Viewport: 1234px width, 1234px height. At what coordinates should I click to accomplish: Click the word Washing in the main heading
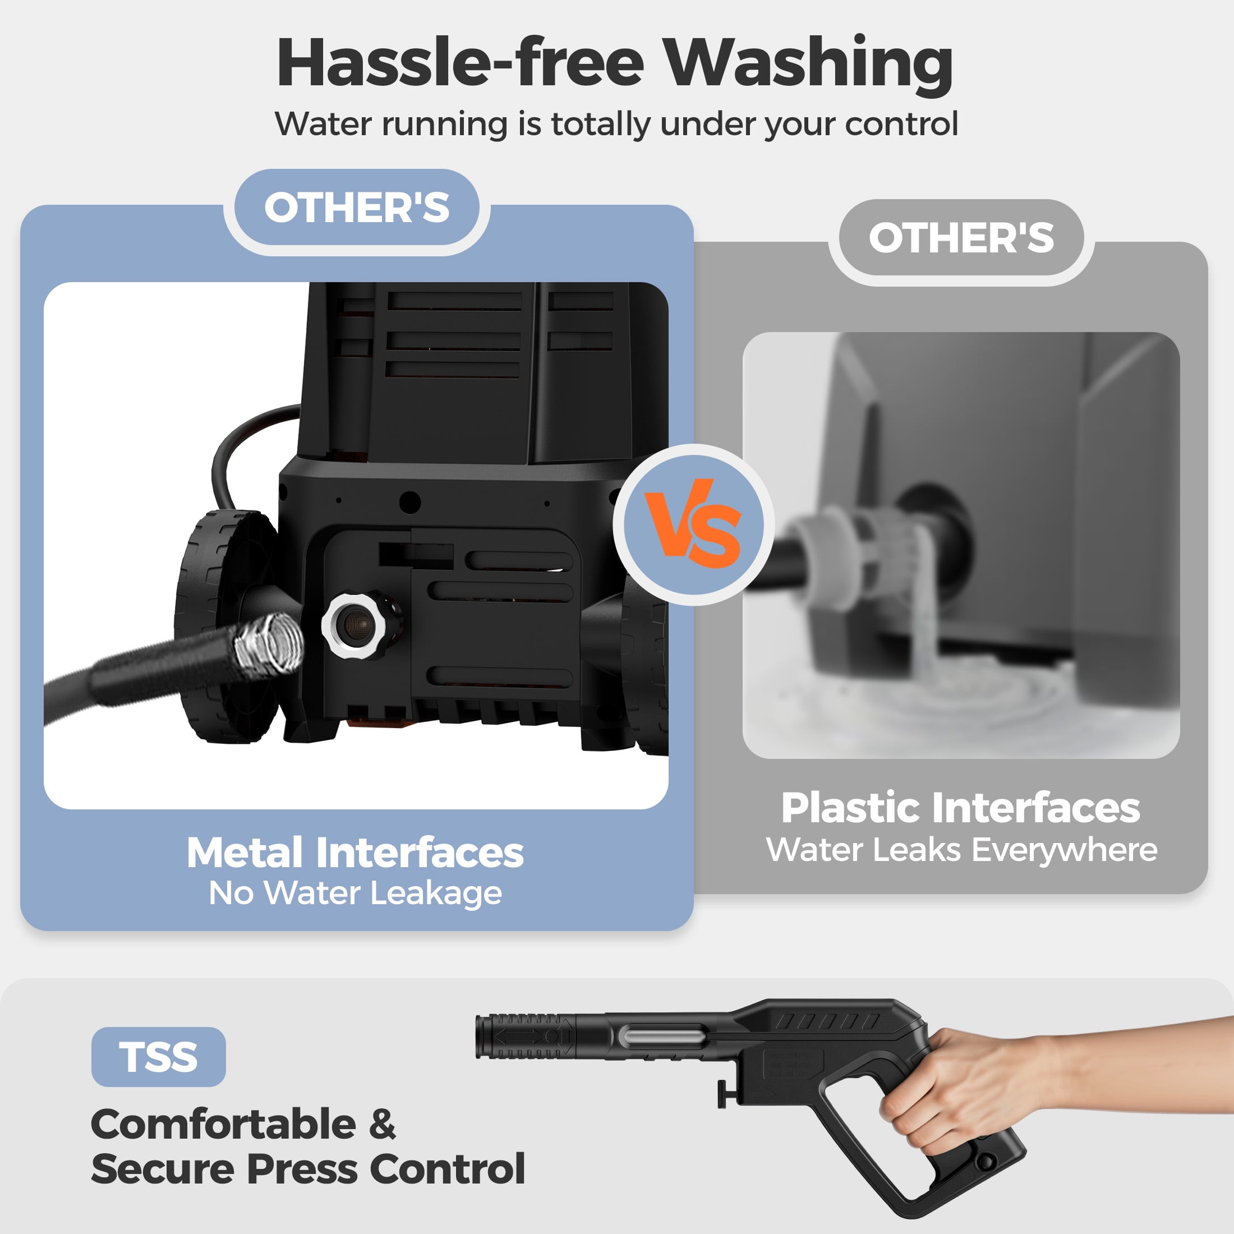[x=807, y=64]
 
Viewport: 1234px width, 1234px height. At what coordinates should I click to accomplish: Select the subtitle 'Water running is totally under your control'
[x=616, y=124]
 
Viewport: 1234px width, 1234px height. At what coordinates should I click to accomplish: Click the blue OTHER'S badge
[x=356, y=208]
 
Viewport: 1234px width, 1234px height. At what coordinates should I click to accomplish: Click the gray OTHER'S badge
[x=961, y=238]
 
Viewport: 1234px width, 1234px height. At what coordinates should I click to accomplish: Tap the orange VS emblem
[x=693, y=524]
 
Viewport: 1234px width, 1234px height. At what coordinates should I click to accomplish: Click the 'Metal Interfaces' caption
[x=355, y=853]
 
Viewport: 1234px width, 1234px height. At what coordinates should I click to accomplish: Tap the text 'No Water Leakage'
[x=355, y=893]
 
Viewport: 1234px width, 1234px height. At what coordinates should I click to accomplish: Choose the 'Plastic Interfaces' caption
[x=961, y=808]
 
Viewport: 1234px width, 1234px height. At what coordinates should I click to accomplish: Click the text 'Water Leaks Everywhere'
[x=961, y=849]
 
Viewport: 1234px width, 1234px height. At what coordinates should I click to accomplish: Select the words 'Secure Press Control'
[x=308, y=1169]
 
